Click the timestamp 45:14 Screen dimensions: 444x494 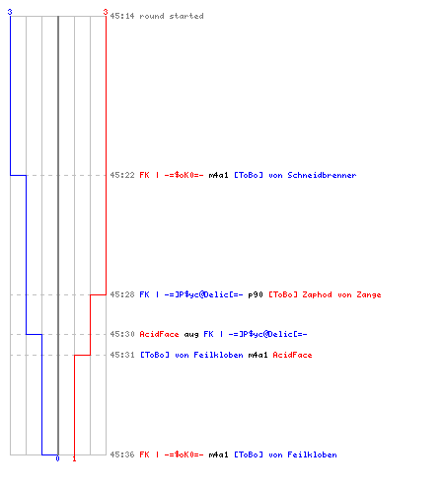pos(122,16)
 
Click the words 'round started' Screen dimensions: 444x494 pos(172,16)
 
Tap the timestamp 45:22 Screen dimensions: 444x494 pos(122,175)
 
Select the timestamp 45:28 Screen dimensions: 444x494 pos(122,294)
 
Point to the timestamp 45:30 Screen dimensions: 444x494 pos(122,334)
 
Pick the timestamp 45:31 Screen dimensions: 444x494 pos(122,355)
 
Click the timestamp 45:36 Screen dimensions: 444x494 pos(122,454)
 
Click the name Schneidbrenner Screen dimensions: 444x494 pos(322,175)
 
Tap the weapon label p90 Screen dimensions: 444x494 pos(256,294)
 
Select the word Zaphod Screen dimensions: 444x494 pos(317,294)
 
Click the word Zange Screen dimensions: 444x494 pos(369,294)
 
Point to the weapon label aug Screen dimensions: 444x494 pos(191,335)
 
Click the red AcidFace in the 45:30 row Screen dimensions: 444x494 pos(159,334)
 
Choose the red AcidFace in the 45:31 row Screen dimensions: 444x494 pos(292,355)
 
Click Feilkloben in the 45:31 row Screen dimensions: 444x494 pos(218,355)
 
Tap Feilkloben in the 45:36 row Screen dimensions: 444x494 pos(312,454)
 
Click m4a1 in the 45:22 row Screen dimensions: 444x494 pos(218,175)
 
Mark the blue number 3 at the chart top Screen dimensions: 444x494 pos(10,12)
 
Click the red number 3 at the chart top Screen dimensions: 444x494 pos(106,12)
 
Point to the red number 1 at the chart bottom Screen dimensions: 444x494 pos(74,458)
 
